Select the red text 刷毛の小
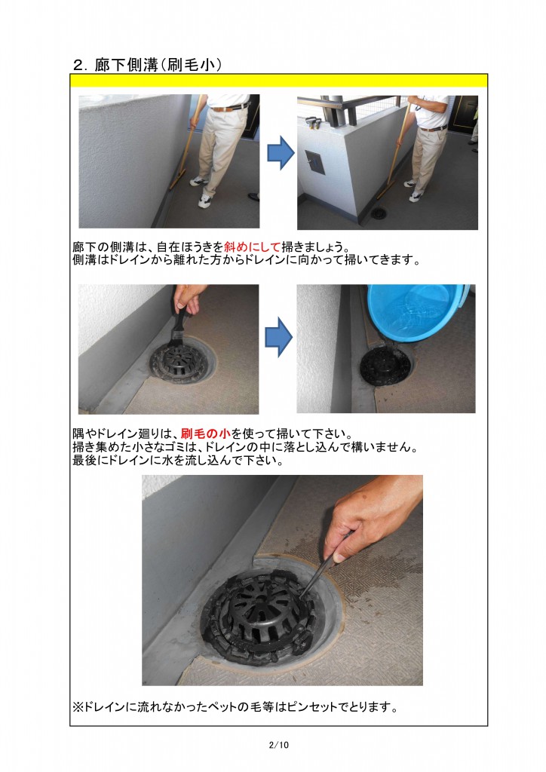click(205, 433)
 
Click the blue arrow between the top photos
click(281, 153)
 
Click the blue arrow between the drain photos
click(279, 337)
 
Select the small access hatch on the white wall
click(314, 161)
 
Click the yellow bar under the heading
click(278, 81)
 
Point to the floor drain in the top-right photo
click(379, 213)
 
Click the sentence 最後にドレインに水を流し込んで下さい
click(177, 461)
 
